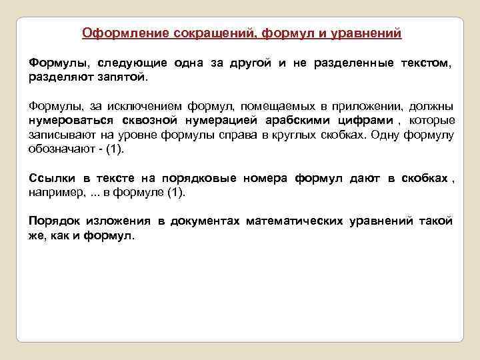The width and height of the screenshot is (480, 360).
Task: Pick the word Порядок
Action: point(51,221)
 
